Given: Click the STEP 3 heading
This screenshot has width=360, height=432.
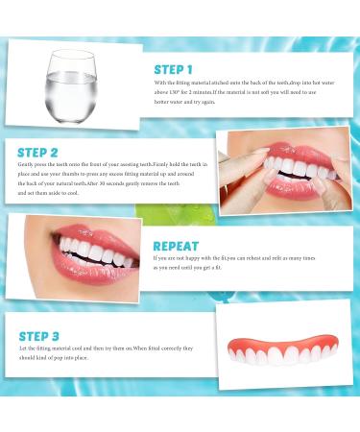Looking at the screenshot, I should point(41,337).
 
